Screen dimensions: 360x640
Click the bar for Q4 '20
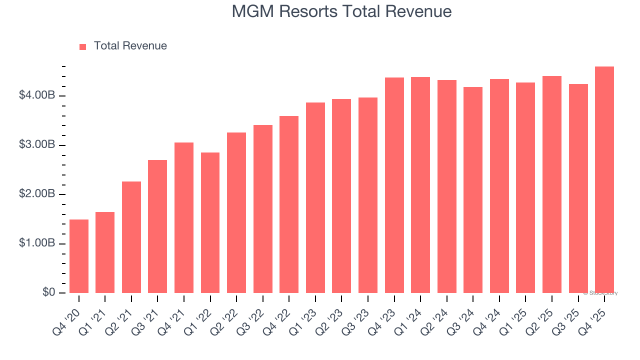(x=79, y=256)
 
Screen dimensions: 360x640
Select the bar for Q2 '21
(x=131, y=237)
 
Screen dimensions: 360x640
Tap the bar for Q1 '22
(x=210, y=222)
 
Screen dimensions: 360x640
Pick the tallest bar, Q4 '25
(x=604, y=179)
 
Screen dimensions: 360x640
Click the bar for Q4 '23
(x=394, y=185)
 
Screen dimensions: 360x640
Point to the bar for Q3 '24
(x=473, y=190)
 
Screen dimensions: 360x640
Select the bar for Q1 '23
(x=315, y=197)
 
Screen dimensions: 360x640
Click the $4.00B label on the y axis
(x=36, y=95)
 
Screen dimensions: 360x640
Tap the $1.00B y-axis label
(x=36, y=243)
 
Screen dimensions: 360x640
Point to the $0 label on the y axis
(x=48, y=292)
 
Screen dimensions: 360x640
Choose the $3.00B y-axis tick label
(x=36, y=144)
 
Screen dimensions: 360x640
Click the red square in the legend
(x=83, y=46)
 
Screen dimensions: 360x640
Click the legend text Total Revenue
(x=130, y=46)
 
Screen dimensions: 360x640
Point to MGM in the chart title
(x=253, y=11)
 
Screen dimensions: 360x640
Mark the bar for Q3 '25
(x=578, y=188)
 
